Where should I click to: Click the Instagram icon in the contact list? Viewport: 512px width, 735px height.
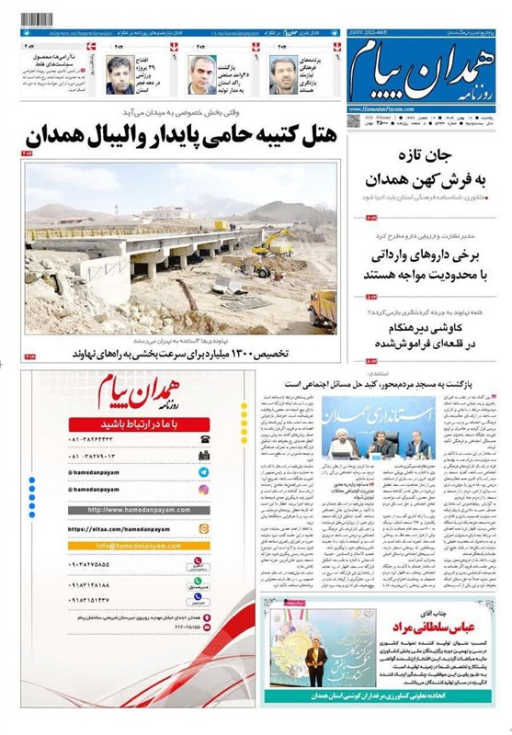(203, 489)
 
